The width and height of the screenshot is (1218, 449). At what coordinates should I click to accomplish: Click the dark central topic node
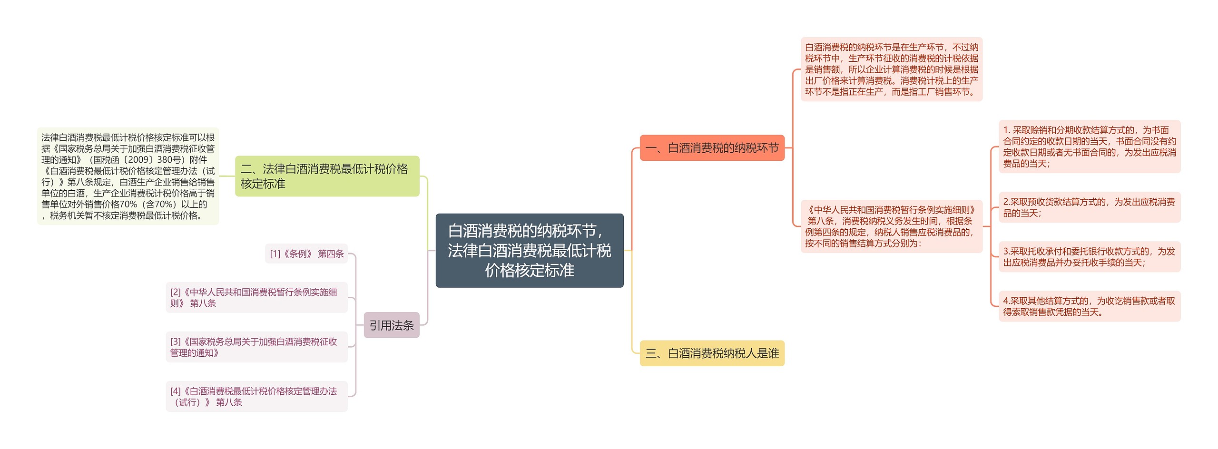[529, 250]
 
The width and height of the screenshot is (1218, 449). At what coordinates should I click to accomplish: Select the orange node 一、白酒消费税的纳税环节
[712, 148]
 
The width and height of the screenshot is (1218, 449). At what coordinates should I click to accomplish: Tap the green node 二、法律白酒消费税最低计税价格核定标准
[327, 176]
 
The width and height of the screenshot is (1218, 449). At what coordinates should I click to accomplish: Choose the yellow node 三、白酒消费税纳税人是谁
[712, 353]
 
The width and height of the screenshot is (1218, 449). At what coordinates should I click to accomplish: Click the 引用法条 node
[391, 325]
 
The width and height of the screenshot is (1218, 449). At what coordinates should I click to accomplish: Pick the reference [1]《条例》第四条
[306, 254]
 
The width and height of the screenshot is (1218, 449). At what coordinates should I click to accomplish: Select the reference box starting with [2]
[256, 297]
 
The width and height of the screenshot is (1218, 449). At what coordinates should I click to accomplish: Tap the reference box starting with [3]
[256, 347]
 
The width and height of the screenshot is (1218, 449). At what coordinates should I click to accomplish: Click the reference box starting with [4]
[256, 396]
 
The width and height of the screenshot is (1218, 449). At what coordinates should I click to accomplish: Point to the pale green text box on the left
[128, 176]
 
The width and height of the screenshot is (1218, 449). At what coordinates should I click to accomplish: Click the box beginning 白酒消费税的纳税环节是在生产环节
[891, 69]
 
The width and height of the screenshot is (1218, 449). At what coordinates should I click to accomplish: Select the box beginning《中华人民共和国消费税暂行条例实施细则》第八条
[891, 226]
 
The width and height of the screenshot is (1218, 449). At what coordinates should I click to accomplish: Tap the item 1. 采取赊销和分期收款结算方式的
[1089, 146]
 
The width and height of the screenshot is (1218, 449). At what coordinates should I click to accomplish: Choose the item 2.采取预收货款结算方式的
[1089, 207]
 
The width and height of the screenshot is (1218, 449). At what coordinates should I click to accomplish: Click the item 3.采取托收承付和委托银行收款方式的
[1089, 257]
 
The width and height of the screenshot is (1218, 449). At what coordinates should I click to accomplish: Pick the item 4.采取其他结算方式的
[1089, 306]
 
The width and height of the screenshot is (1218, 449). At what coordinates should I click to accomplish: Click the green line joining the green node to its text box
[227, 176]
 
